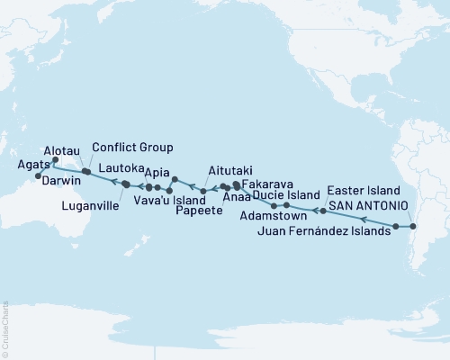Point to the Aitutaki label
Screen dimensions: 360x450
(229, 169)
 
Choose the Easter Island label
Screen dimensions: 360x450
(360, 191)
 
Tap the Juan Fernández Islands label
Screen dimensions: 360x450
(324, 231)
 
